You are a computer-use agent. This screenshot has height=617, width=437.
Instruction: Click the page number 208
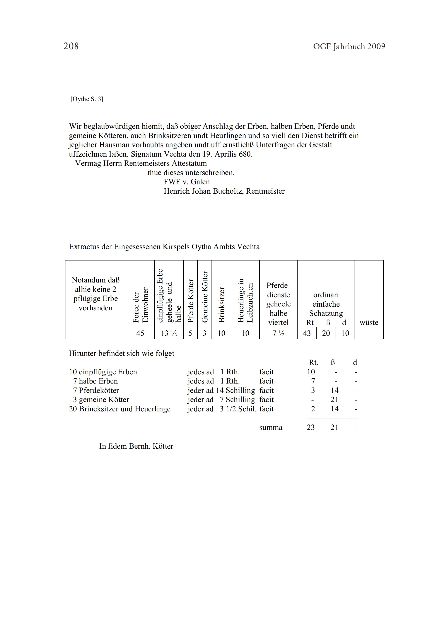point(71,46)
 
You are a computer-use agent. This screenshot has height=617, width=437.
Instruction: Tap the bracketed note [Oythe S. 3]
point(87,99)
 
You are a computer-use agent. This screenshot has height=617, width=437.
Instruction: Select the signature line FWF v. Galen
point(186,182)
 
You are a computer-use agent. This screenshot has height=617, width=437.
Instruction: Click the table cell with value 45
point(140,333)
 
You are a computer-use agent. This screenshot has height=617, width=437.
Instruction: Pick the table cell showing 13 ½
point(169,333)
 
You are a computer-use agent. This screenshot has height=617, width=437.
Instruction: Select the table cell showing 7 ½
point(278,333)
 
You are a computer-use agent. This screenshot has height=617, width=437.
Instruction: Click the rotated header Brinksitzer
point(221,304)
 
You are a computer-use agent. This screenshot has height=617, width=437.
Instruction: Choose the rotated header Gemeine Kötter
point(205,297)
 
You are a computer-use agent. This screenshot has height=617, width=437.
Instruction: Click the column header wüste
point(369,323)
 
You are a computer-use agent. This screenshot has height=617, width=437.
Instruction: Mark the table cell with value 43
point(307,333)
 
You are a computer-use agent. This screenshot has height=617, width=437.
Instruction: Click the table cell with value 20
point(326,333)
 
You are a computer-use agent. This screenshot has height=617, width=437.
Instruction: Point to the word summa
point(271,428)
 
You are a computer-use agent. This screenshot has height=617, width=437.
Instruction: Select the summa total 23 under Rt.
point(311,428)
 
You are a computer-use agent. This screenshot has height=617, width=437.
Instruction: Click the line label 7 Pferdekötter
point(96,390)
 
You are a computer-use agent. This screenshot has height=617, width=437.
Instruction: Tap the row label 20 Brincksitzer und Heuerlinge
point(120,409)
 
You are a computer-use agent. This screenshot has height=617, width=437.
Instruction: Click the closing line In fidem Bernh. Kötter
point(136,446)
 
